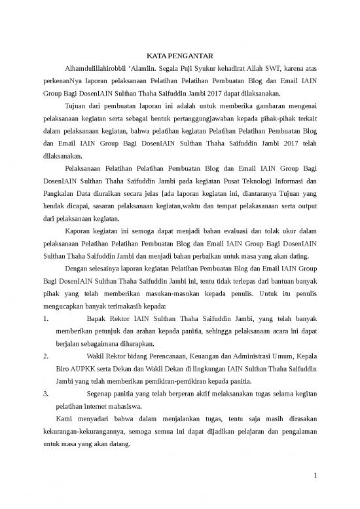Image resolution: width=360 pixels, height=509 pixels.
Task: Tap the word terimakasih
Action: pos(128,307)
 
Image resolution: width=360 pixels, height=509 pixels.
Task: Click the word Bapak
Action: pos(98,319)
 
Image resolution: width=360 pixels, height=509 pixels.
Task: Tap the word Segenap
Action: pos(102,395)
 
